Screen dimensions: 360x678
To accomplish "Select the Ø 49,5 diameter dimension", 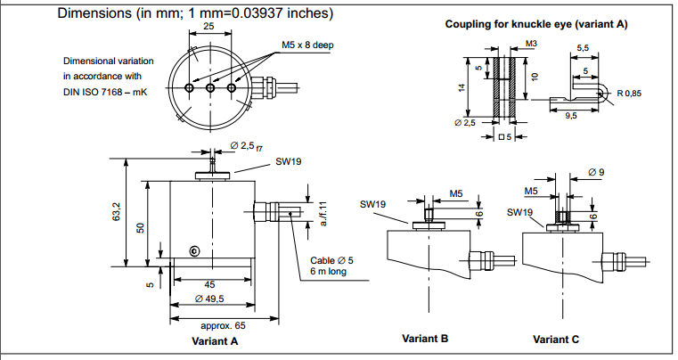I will click(x=211, y=299).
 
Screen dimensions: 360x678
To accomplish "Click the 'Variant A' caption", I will click(x=215, y=340).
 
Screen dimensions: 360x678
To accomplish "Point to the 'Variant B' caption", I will click(x=425, y=339).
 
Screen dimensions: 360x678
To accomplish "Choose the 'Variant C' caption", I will click(x=556, y=340).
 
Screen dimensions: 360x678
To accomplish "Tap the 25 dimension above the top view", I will click(x=209, y=28).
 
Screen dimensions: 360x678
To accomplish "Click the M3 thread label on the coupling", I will click(x=531, y=43).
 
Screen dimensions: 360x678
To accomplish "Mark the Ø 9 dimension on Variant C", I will click(x=597, y=170).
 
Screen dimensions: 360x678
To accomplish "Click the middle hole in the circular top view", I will click(x=211, y=88).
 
